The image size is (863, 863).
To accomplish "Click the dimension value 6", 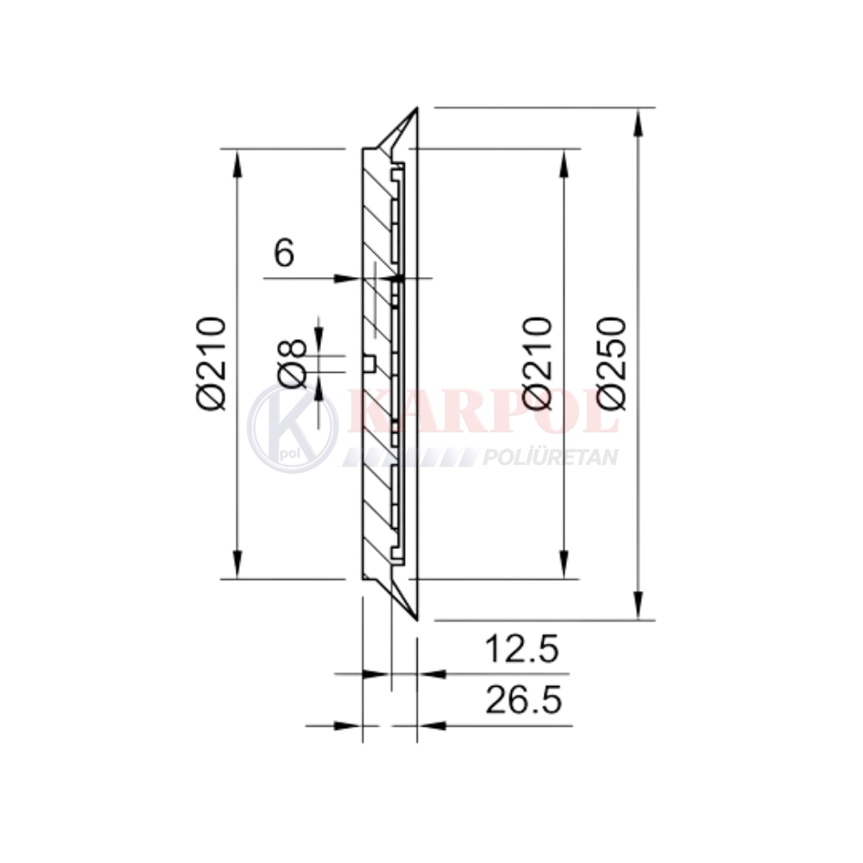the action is (284, 253).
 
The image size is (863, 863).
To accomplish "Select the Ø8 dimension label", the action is (293, 363).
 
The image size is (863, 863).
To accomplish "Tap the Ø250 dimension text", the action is (613, 363).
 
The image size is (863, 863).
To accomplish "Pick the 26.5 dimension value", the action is (524, 700).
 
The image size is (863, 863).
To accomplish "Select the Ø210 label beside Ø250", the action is (537, 363).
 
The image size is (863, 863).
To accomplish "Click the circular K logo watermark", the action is (293, 428).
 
